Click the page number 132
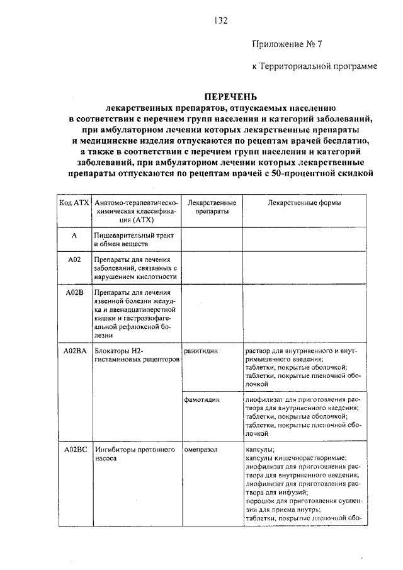(x=220, y=20)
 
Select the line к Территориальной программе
(x=315, y=66)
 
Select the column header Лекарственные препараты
(x=212, y=207)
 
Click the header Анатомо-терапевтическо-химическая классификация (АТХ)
(x=136, y=212)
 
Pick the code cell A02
(x=74, y=259)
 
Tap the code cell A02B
(x=74, y=292)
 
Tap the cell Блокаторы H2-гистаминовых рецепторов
(x=136, y=354)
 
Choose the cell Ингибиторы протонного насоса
(x=129, y=454)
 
